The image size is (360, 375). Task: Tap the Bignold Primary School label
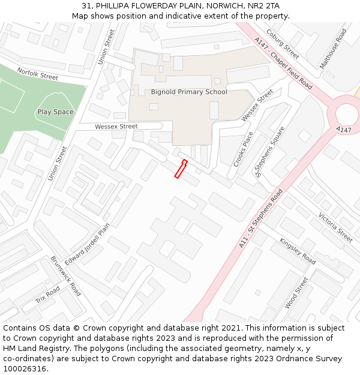pyautogui.click(x=189, y=92)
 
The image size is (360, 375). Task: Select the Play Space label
pyautogui.click(x=55, y=112)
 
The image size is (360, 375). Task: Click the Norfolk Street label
pyautogui.click(x=37, y=74)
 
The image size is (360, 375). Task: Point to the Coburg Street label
pyautogui.click(x=283, y=44)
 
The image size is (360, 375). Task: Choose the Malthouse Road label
pyautogui.click(x=334, y=49)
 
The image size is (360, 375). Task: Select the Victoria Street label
pyautogui.click(x=335, y=227)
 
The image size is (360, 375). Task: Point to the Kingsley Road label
pyautogui.click(x=297, y=251)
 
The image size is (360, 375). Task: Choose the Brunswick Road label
pyautogui.click(x=66, y=276)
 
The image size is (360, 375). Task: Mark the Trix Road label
pyautogui.click(x=48, y=295)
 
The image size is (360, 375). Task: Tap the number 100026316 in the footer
pyautogui.click(x=25, y=368)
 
